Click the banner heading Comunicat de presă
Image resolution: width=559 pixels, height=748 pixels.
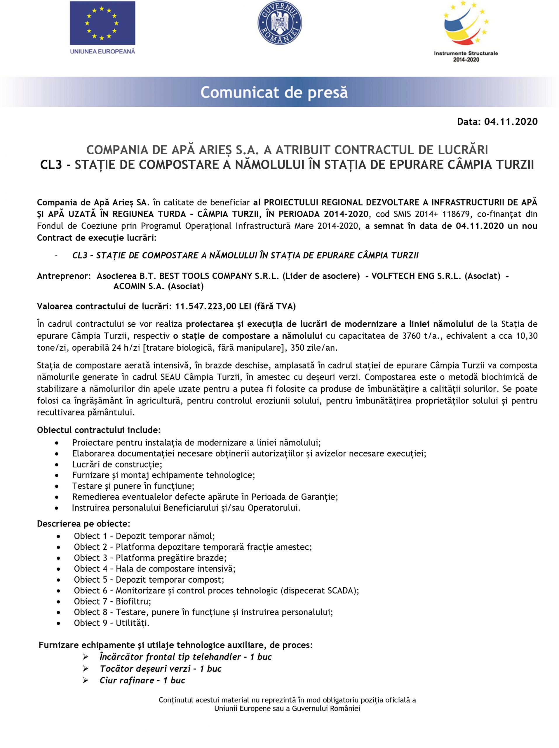274,92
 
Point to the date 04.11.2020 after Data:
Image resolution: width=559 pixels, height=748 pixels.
511,122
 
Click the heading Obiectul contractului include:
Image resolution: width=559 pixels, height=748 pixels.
99,430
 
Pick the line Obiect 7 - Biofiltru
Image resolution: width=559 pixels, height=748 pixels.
112,601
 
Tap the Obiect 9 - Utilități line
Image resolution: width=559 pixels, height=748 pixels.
112,623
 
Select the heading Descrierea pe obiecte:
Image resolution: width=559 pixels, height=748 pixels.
83,524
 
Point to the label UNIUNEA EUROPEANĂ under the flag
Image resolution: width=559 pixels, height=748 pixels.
102,51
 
